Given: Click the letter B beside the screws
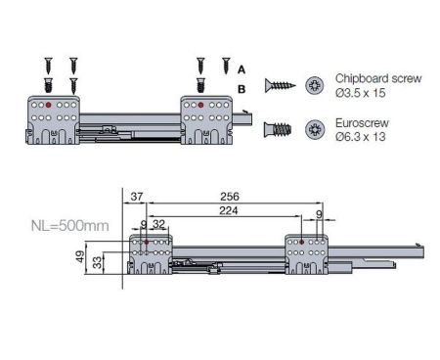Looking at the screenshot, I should [242, 88].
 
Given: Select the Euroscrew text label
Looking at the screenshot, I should [363, 123].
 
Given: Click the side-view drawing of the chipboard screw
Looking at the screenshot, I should [277, 84].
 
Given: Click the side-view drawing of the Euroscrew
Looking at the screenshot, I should [277, 129].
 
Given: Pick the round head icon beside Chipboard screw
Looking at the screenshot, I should [316, 84].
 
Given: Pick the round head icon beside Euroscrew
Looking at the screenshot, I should [316, 129].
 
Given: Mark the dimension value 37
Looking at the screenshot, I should [136, 197].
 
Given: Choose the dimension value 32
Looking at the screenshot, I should [159, 224].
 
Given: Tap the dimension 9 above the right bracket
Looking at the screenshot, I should [320, 212].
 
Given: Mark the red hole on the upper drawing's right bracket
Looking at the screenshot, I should [200, 103].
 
